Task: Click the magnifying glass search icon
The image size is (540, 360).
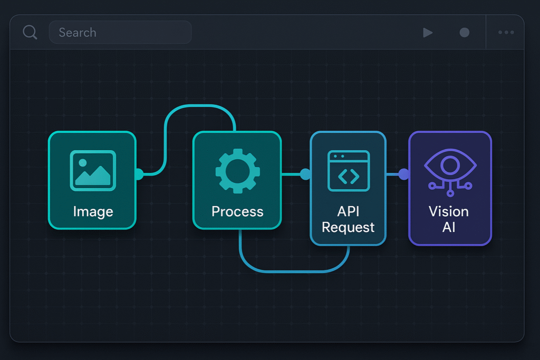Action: pyautogui.click(x=30, y=32)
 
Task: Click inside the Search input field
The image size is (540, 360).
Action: pyautogui.click(x=120, y=32)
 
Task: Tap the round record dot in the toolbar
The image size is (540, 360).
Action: pyautogui.click(x=464, y=33)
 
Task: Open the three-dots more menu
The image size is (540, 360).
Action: pyautogui.click(x=506, y=33)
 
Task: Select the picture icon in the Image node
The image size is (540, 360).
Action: pyautogui.click(x=93, y=170)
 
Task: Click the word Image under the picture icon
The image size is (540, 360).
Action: pyautogui.click(x=93, y=212)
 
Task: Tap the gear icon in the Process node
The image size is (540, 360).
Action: pyautogui.click(x=237, y=170)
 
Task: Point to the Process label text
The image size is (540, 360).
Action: pyautogui.click(x=237, y=212)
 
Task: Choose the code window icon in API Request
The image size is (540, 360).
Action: pyautogui.click(x=348, y=170)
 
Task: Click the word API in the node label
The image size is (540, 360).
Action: pyautogui.click(x=348, y=211)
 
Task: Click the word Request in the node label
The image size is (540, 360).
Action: pyautogui.click(x=348, y=227)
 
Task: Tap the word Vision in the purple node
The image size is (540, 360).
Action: pyautogui.click(x=449, y=211)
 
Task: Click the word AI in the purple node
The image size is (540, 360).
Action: pyautogui.click(x=449, y=227)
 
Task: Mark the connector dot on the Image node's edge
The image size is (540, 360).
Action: pyautogui.click(x=138, y=174)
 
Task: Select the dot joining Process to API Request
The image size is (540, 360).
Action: pyautogui.click(x=305, y=174)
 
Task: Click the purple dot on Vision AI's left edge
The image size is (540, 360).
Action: pyautogui.click(x=403, y=174)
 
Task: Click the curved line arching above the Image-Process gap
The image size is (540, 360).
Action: pyautogui.click(x=200, y=106)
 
